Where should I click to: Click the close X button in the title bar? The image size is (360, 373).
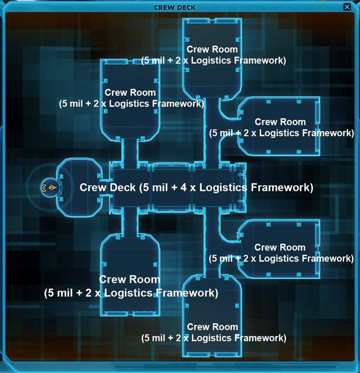point(347,7)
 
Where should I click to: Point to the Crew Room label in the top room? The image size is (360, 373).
point(212,49)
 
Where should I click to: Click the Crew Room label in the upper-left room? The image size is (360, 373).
point(130,92)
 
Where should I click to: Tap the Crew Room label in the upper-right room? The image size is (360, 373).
point(280,122)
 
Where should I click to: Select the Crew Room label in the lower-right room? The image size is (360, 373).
point(280,248)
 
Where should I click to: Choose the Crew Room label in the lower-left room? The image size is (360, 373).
point(129,280)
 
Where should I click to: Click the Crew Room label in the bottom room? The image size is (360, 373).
point(212,327)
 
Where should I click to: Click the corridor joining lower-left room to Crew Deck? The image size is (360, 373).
point(130,221)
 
